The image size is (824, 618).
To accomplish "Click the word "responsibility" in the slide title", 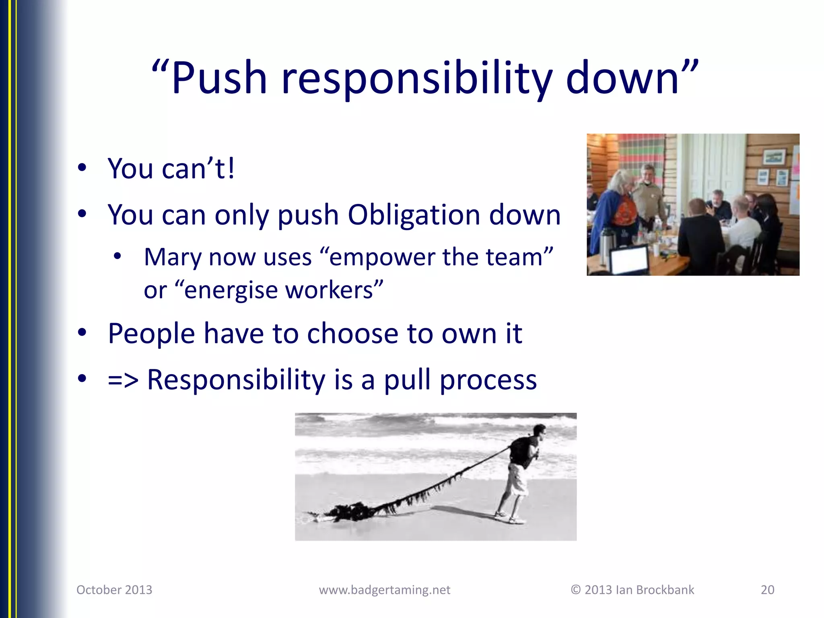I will click(x=417, y=78).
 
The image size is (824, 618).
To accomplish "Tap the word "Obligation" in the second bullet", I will click(x=413, y=215).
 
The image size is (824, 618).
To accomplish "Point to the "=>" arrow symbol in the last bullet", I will click(x=123, y=380).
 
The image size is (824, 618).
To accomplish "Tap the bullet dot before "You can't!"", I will click(x=82, y=168).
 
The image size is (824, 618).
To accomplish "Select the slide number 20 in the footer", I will click(x=767, y=590).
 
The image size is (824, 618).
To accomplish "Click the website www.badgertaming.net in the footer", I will click(x=384, y=590).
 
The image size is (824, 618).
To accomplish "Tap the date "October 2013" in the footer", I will click(x=114, y=590).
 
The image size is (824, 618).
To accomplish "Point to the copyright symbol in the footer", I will click(x=576, y=590).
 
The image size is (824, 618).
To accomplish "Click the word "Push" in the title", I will click(x=219, y=78).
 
